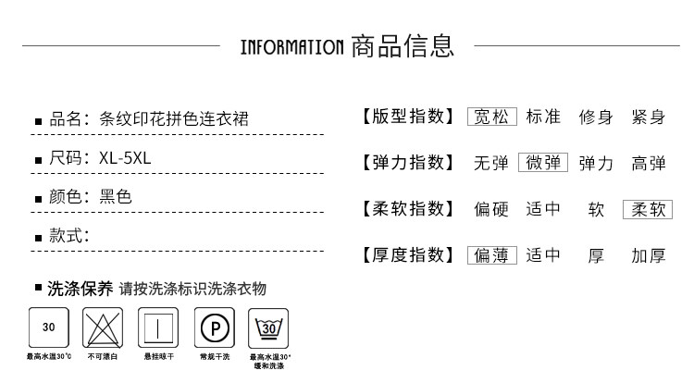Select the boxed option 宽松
point(491,117)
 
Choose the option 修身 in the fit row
point(596,117)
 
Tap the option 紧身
point(649,117)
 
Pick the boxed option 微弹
point(543,163)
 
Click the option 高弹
point(649,163)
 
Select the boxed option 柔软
point(648,209)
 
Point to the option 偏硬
point(491,209)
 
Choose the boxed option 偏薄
point(491,255)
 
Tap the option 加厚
point(649,255)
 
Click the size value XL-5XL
point(125,157)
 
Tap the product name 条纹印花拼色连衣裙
point(174,118)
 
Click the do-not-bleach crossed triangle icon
point(103,327)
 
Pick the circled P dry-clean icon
point(214,327)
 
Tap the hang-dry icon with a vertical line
point(157,327)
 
